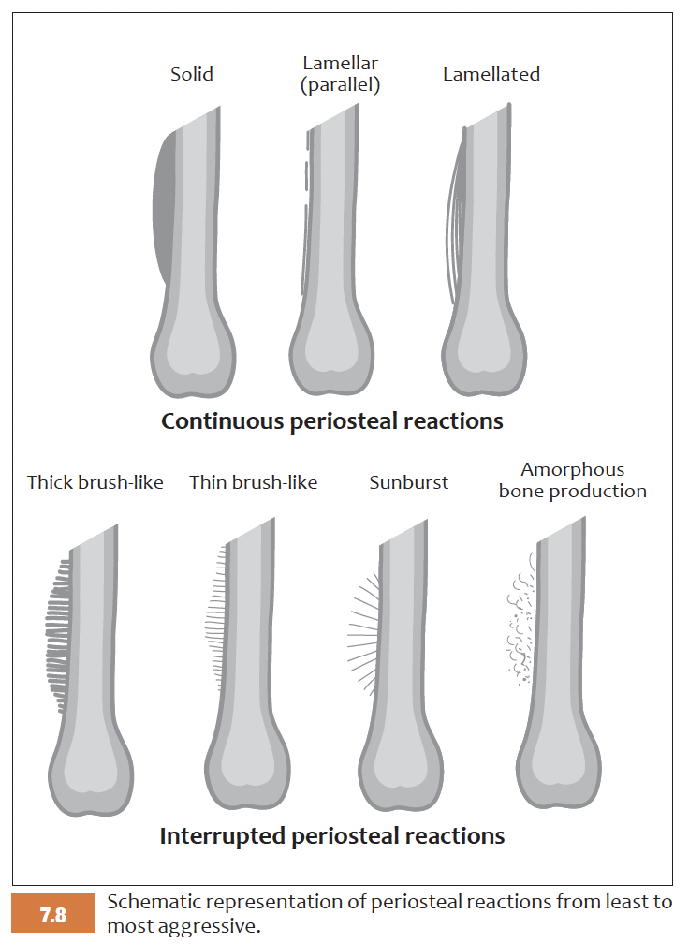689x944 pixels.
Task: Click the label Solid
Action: click(192, 74)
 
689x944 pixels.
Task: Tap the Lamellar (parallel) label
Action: click(341, 74)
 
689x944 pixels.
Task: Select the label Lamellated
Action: click(491, 74)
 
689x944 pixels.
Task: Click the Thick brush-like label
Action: click(95, 482)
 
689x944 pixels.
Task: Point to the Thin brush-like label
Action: click(254, 482)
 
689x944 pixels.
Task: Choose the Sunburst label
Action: click(409, 483)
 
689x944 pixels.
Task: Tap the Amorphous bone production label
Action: click(573, 479)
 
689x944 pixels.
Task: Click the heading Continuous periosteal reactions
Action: click(332, 420)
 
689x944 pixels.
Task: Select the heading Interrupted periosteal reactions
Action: click(332, 835)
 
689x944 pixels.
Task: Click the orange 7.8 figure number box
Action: click(53, 914)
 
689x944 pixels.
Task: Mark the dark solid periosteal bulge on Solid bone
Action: click(164, 206)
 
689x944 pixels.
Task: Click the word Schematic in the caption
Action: click(154, 903)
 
